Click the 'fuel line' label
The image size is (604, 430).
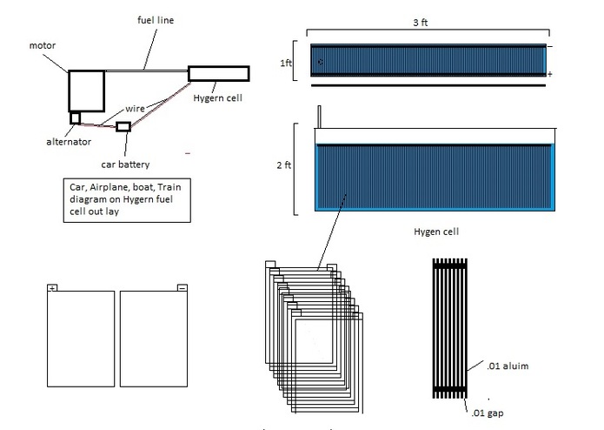156,20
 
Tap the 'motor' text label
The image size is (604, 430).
43,45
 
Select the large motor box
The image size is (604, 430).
87,91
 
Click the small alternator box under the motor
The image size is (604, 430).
75,118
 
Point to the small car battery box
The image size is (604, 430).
123,126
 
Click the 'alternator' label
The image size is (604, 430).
69,142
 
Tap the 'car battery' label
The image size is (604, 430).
125,165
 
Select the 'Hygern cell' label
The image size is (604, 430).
217,98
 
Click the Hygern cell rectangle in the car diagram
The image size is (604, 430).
219,74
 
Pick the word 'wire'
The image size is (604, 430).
135,109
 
